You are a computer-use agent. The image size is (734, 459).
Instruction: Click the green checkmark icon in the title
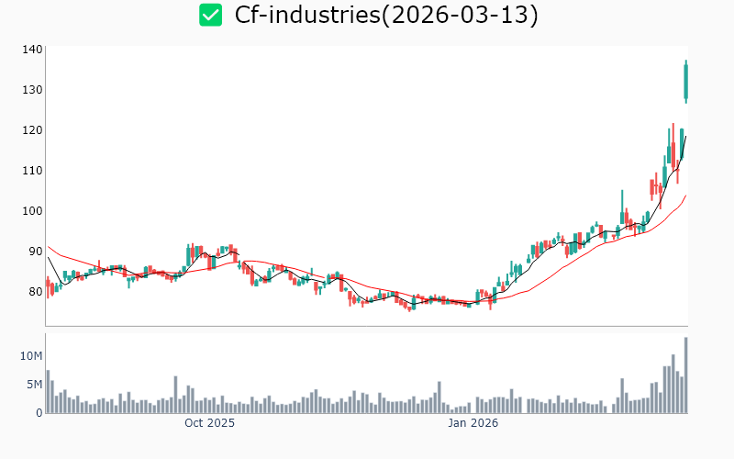click(211, 15)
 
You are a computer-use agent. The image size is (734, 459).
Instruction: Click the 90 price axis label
click(34, 252)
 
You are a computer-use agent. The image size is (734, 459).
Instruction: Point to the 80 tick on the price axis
click(34, 292)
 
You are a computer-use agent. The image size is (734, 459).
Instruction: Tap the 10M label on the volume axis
click(31, 355)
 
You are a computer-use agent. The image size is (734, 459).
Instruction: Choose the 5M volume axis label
click(34, 385)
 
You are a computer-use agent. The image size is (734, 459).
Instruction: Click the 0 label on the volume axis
click(39, 413)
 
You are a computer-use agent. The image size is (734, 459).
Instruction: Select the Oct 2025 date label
click(209, 423)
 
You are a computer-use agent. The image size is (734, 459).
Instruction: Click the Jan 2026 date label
click(473, 423)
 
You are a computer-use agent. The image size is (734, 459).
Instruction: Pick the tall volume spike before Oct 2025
click(175, 395)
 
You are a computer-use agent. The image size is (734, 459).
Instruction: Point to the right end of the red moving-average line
click(685, 195)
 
